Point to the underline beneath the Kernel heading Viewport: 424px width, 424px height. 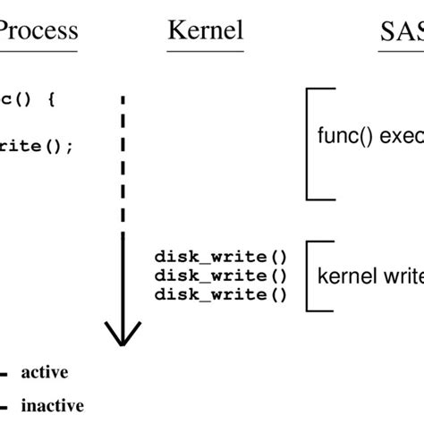pos(205,50)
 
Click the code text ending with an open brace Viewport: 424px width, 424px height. pos(27,101)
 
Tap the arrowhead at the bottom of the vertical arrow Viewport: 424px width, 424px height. pos(123,335)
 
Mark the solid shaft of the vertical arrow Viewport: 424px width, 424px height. pos(123,277)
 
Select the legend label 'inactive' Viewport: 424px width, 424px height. pos(52,405)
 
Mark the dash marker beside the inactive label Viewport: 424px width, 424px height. pos(4,406)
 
